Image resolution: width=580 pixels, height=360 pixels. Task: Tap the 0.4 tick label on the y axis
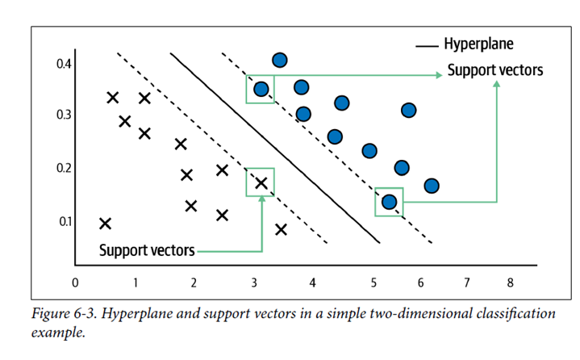pyautogui.click(x=65, y=64)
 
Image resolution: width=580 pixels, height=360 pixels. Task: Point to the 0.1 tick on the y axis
pyautogui.click(x=65, y=221)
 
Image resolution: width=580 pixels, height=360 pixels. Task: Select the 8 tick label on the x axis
pyautogui.click(x=510, y=283)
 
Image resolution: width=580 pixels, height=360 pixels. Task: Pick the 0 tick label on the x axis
pyautogui.click(x=75, y=283)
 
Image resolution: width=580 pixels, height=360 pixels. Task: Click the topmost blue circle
pyautogui.click(x=280, y=61)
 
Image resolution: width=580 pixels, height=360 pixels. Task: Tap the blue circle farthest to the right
pyautogui.click(x=432, y=186)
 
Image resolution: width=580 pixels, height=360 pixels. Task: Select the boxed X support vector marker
pyautogui.click(x=261, y=182)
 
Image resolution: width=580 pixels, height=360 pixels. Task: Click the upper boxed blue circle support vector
pyautogui.click(x=261, y=89)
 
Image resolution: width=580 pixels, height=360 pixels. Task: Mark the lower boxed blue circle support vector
pyautogui.click(x=389, y=201)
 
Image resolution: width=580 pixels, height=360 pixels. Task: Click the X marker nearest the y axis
pyautogui.click(x=105, y=223)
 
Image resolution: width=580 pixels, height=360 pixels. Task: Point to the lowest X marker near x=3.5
pyautogui.click(x=281, y=229)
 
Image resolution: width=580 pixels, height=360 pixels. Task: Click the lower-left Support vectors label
pyautogui.click(x=146, y=250)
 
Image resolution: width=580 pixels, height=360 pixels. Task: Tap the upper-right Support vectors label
pyautogui.click(x=494, y=71)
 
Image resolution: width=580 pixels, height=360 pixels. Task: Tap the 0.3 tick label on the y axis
pyautogui.click(x=65, y=115)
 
